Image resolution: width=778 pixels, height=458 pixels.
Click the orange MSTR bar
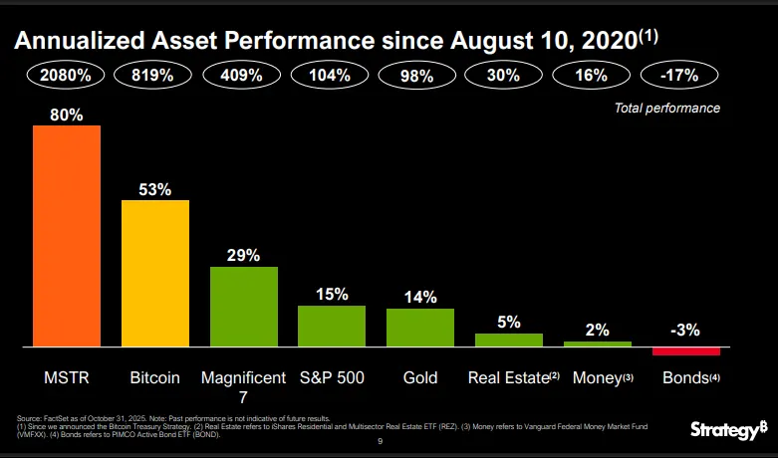click(66, 235)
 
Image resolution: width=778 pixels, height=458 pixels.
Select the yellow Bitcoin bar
click(154, 272)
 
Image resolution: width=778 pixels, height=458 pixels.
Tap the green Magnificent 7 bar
click(243, 306)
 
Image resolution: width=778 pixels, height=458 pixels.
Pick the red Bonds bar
click(685, 350)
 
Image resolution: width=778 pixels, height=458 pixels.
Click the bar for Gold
click(419, 327)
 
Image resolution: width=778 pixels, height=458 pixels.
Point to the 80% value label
click(66, 114)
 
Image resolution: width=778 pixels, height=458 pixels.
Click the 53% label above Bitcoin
click(154, 189)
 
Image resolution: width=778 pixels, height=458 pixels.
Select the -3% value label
click(685, 330)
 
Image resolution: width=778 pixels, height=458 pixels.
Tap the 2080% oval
click(66, 76)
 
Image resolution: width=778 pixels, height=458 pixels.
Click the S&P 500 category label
click(332, 378)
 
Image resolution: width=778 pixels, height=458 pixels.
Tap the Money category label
click(598, 378)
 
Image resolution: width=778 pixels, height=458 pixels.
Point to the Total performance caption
click(665, 108)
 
